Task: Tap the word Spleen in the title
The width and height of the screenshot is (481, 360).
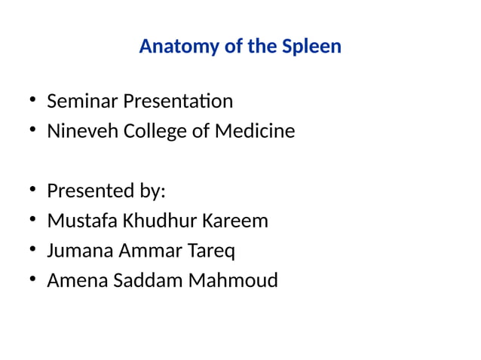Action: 311,47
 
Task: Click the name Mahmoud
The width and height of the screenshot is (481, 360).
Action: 232,281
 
